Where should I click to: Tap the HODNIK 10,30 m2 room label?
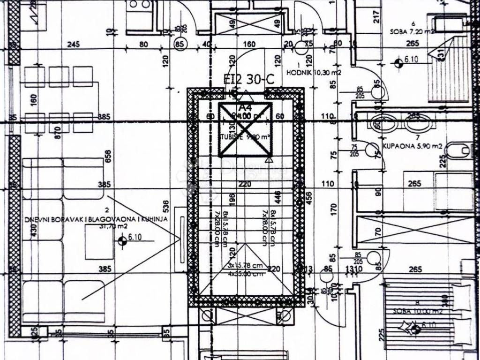click(320, 72)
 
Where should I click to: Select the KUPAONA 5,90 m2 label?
click(412, 146)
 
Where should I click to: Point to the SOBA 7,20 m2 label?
click(411, 32)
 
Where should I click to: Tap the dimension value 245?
click(74, 45)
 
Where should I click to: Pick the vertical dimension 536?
click(165, 207)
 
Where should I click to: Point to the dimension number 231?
click(440, 54)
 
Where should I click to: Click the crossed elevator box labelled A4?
click(246, 128)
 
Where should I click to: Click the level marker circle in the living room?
click(123, 241)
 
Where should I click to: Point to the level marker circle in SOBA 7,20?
click(399, 63)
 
